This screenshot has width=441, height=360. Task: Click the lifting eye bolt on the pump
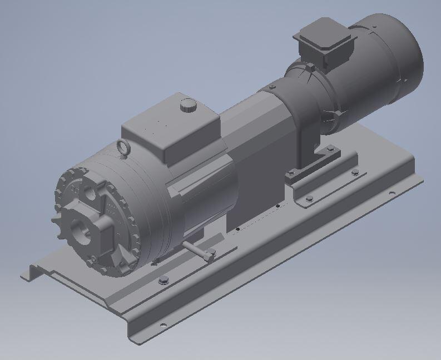point(123,147)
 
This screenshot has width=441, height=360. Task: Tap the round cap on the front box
point(189,104)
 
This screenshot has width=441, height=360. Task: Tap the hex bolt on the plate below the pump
point(163,281)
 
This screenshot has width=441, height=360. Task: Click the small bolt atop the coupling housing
point(271,87)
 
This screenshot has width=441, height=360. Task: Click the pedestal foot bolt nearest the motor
point(331,148)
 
